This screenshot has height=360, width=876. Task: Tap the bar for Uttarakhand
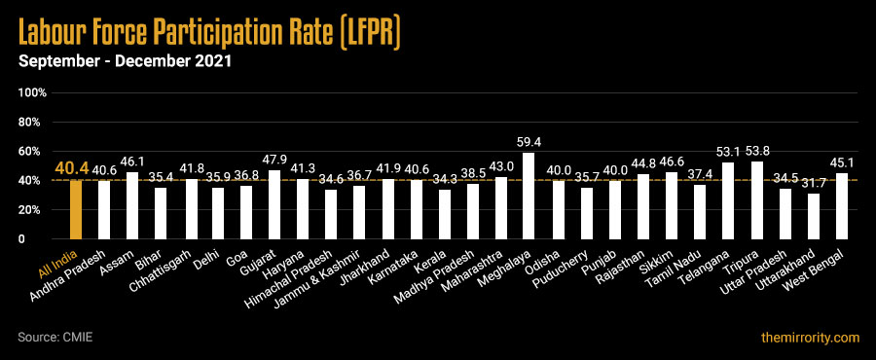click(x=813, y=216)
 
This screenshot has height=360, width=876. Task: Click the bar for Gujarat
click(x=274, y=204)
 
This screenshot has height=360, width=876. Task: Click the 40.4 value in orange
click(x=71, y=168)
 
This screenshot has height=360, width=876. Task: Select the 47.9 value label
click(x=274, y=159)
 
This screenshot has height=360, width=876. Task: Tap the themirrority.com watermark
click(x=810, y=338)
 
